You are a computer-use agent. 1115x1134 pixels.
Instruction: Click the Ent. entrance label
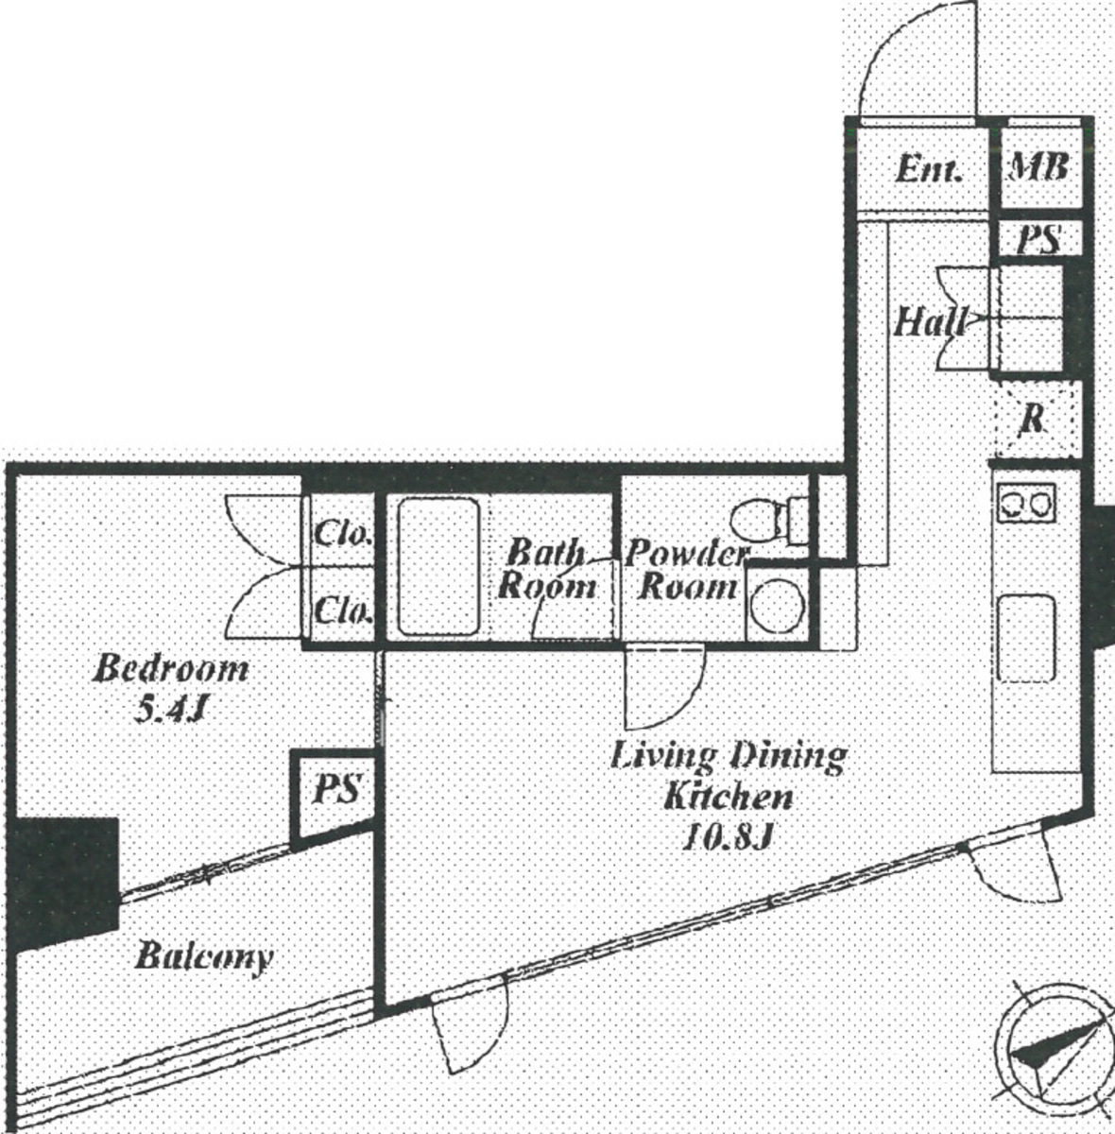929,171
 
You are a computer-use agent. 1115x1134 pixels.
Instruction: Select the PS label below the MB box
1040,238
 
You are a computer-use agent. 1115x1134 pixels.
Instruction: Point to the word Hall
929,323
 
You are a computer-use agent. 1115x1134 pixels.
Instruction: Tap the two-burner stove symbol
1026,503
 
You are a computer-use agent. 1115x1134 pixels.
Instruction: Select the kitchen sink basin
1026,639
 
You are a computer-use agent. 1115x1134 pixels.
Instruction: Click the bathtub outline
438,567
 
